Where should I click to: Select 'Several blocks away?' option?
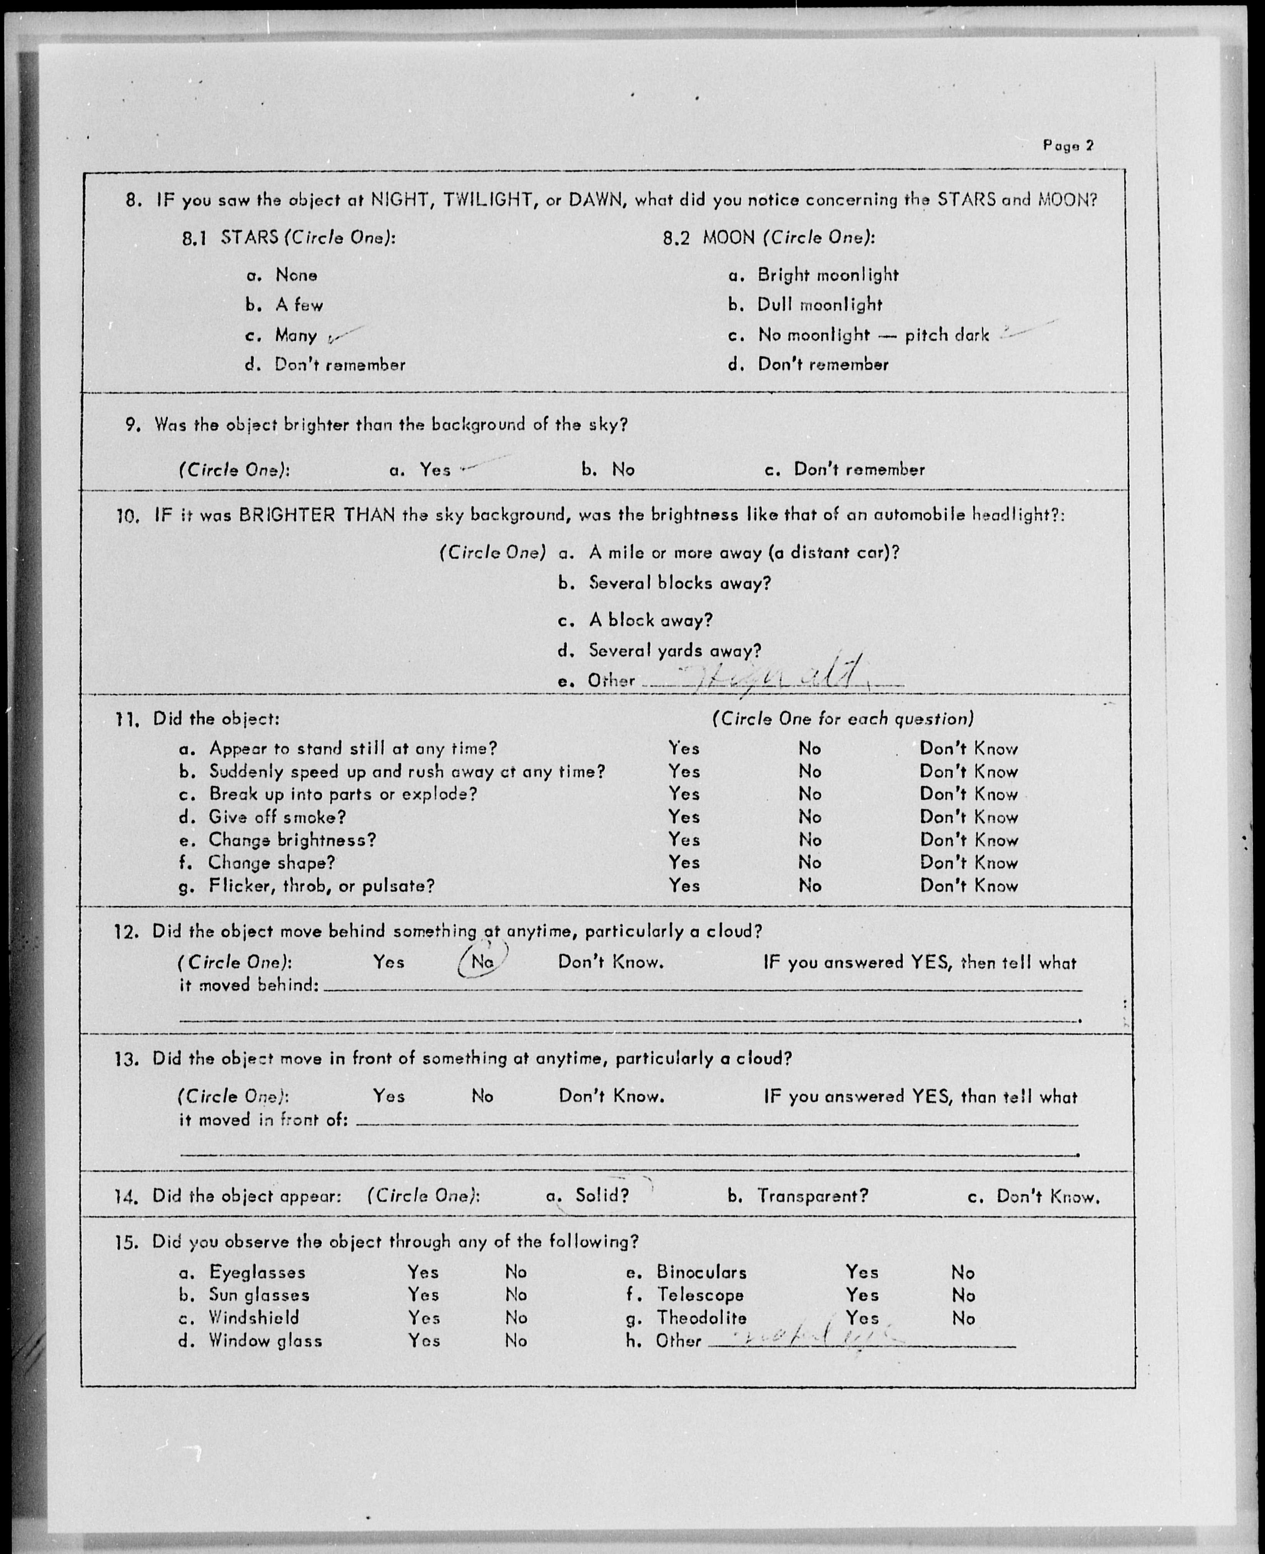(679, 583)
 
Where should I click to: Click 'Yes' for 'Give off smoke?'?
(684, 817)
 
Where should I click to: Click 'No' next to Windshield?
(516, 1317)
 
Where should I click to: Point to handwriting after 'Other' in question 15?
(816, 1338)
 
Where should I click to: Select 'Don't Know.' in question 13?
(611, 1096)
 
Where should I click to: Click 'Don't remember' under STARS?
(340, 365)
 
